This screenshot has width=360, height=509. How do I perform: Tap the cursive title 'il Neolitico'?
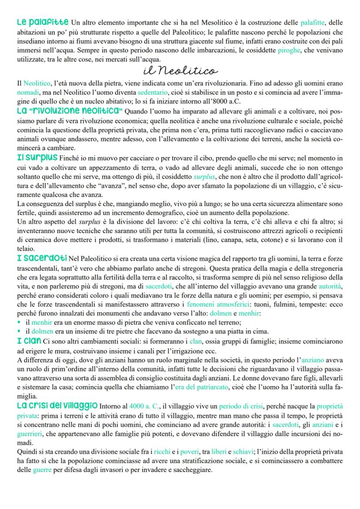coord(180,70)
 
